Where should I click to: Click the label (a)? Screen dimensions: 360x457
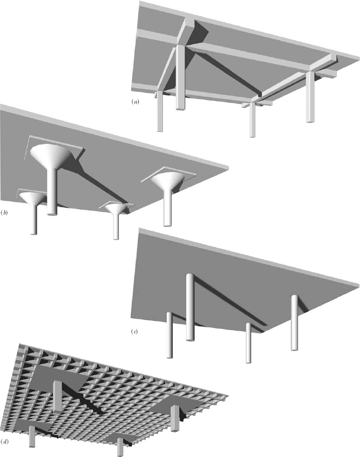pos(135,102)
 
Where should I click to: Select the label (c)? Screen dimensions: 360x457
pos(134,331)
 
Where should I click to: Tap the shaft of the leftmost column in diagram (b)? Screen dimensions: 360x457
pos(34,219)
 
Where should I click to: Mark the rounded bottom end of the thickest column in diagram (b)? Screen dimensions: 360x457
pos(52,214)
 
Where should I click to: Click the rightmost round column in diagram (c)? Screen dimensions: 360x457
pos(294,323)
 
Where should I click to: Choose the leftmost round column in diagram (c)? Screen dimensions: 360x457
pos(170,335)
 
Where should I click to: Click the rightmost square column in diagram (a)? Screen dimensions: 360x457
pos(311,97)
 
